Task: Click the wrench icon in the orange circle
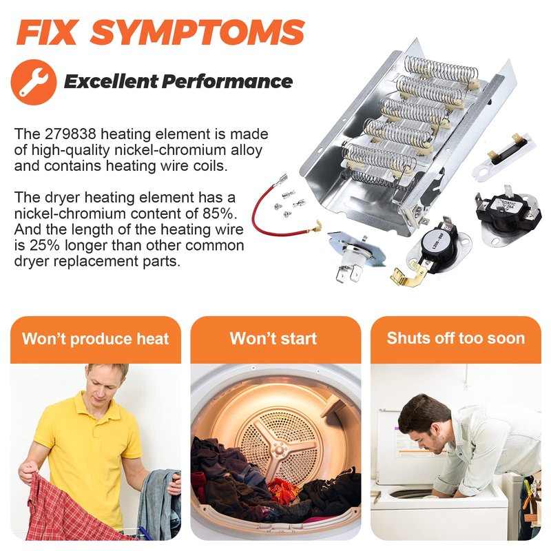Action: [x=33, y=83]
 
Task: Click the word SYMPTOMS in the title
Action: [x=197, y=32]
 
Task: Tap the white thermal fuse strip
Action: [x=504, y=155]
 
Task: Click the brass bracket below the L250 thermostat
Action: [x=408, y=274]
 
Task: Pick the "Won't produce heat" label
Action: [x=96, y=339]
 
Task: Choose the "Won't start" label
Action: [x=273, y=338]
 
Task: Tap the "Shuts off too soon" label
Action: [x=456, y=338]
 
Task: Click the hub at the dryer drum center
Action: [x=280, y=449]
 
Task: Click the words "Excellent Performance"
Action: [x=178, y=81]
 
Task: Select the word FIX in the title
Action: [x=46, y=32]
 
